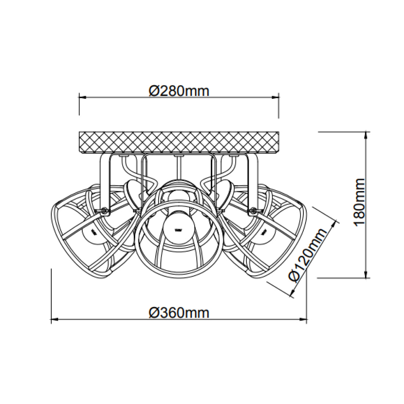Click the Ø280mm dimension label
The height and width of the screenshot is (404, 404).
click(x=179, y=91)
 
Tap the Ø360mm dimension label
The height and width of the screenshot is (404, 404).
click(x=179, y=313)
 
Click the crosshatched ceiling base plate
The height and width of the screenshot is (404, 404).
click(x=179, y=143)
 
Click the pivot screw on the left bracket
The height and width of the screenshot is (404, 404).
click(x=104, y=211)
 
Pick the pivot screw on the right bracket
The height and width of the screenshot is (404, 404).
click(x=253, y=211)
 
